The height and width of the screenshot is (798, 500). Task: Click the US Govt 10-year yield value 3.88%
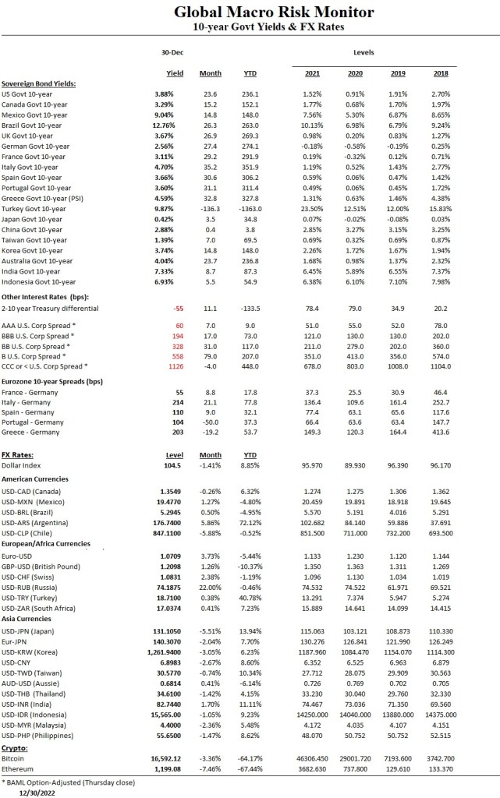click(175, 94)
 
